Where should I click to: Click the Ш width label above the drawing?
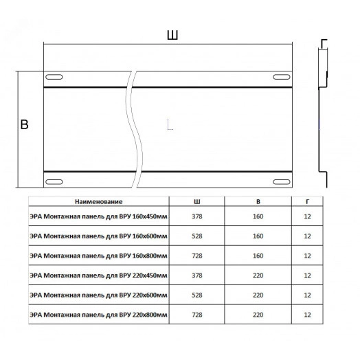tap(172, 35)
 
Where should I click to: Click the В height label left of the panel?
tap(24, 124)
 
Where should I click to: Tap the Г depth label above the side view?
tap(324, 44)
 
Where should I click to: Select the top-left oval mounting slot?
tap(54, 77)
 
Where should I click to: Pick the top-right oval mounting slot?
tap(282, 77)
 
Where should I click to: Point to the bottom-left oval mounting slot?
tap(54, 182)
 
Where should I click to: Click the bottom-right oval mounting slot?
tap(282, 182)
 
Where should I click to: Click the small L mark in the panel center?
tap(170, 124)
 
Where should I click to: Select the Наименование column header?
tap(99, 201)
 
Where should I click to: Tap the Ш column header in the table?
tap(197, 201)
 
